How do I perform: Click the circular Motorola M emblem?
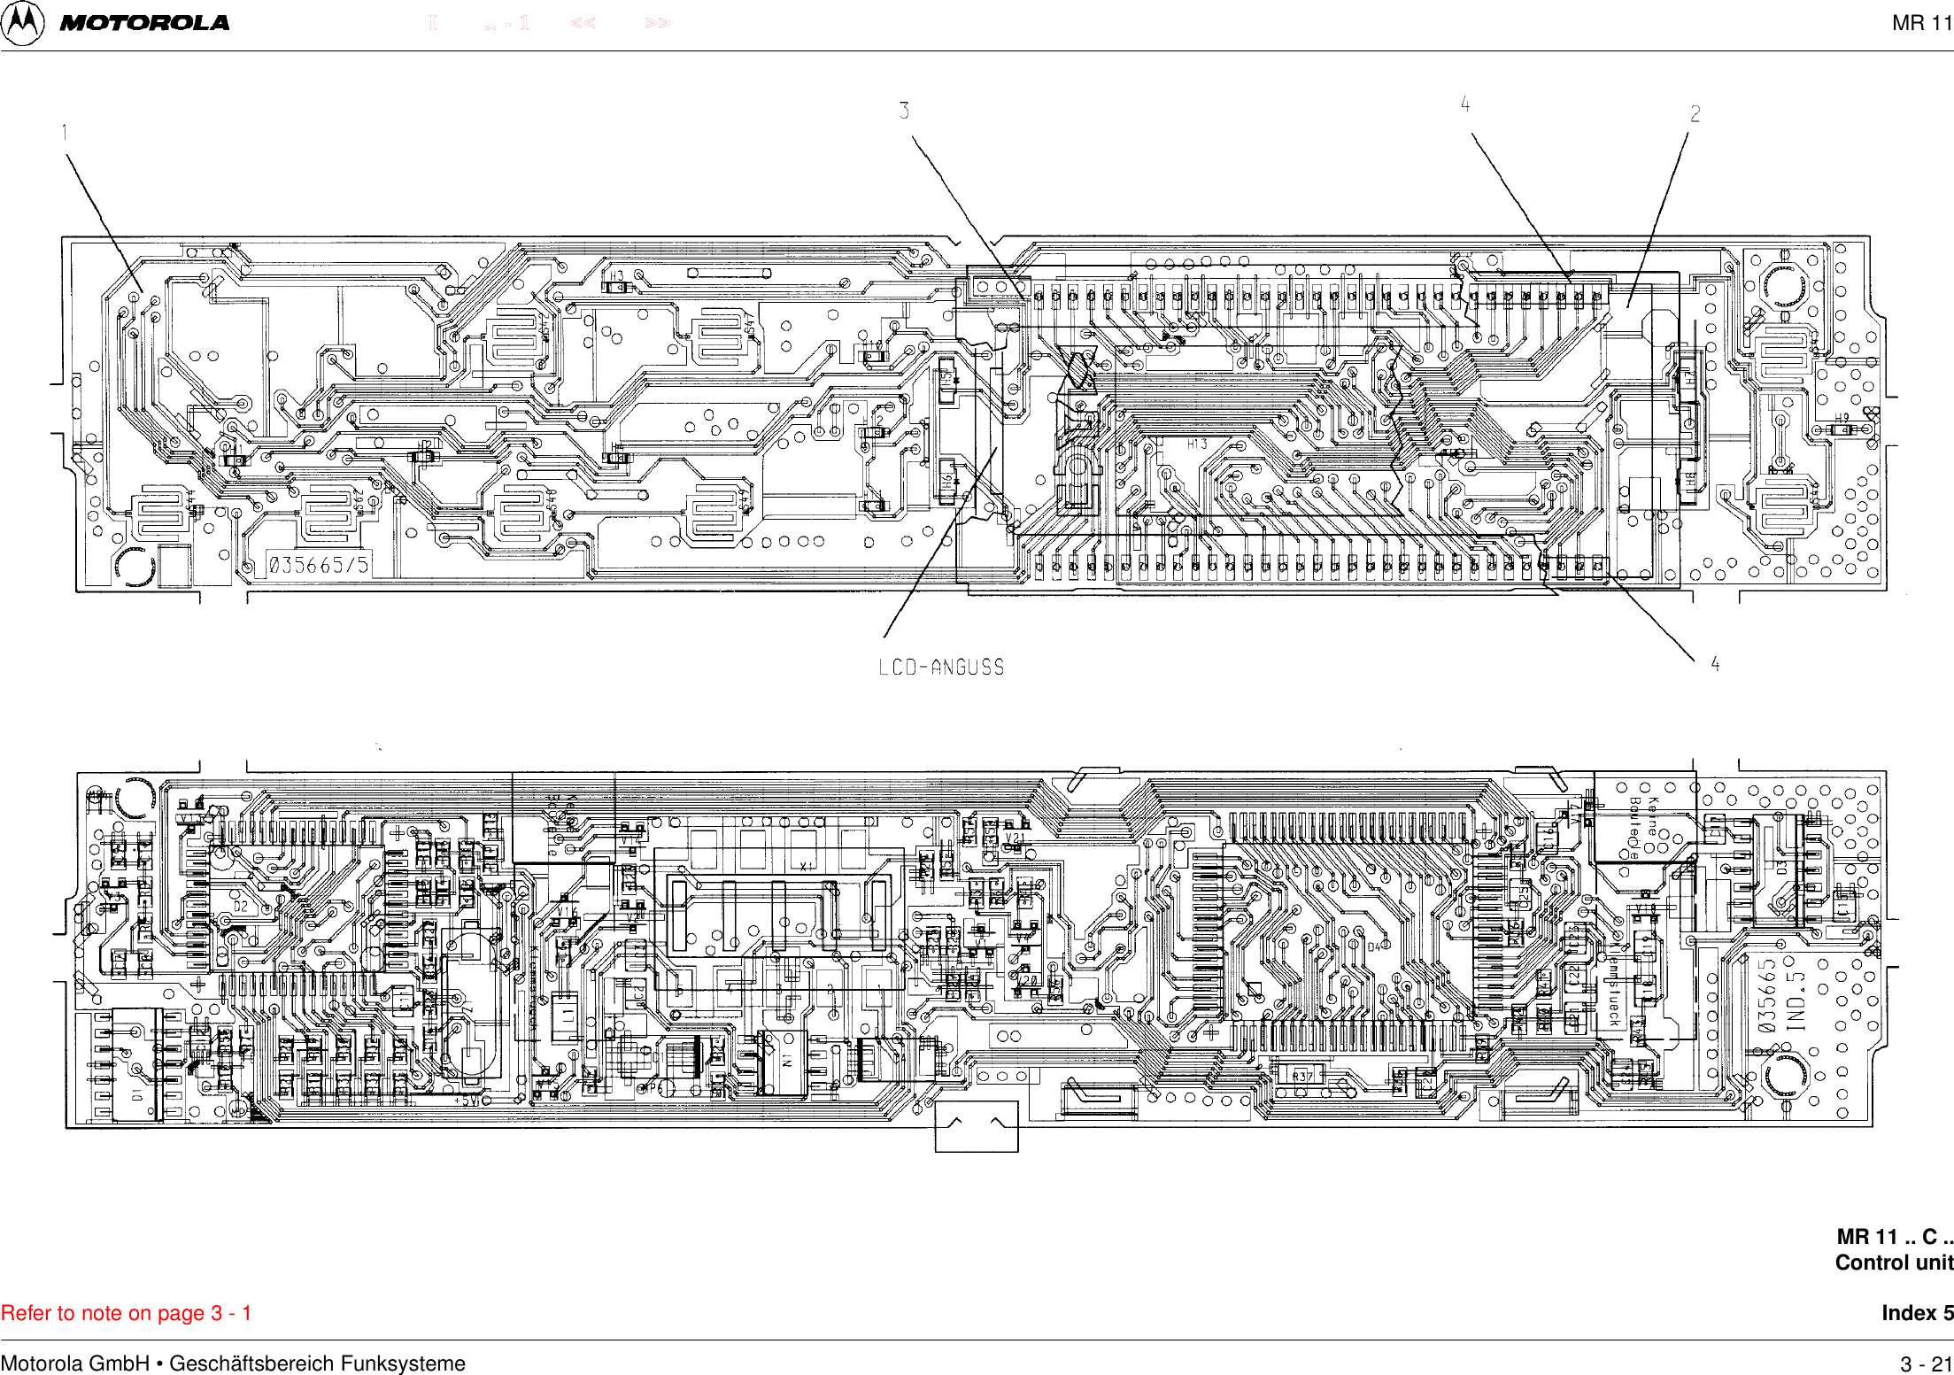click(x=23, y=22)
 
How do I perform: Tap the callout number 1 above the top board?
click(x=65, y=133)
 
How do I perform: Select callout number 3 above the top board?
click(x=904, y=111)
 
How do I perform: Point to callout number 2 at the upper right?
click(x=1695, y=113)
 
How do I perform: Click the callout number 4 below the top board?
click(x=1715, y=664)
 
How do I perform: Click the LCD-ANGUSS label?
click(x=941, y=668)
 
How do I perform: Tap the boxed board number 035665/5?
click(x=319, y=565)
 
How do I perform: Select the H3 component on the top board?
click(x=617, y=276)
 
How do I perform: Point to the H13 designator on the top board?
click(x=1197, y=444)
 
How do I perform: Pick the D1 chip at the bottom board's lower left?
click(x=137, y=1094)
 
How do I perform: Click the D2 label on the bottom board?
click(x=241, y=907)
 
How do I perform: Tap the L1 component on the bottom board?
click(x=566, y=1011)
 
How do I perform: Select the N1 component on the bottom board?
click(x=786, y=1059)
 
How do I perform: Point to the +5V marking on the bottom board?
click(x=467, y=1101)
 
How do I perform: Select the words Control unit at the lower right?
click(x=1894, y=1263)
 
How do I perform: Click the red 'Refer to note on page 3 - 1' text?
click(x=127, y=1313)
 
